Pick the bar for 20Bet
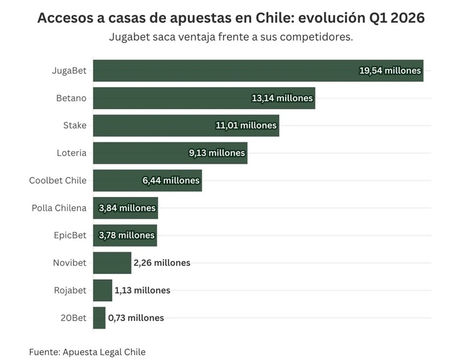(99, 318)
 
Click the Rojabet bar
(102, 290)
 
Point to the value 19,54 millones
(390, 71)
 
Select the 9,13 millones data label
(217, 153)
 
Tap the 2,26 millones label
(162, 263)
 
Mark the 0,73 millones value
(136, 318)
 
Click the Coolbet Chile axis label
(58, 181)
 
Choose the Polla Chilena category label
(59, 208)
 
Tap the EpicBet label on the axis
(70, 235)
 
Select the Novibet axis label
(70, 263)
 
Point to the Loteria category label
(71, 153)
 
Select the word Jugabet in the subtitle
(132, 37)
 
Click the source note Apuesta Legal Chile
(104, 352)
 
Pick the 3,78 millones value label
(127, 235)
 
